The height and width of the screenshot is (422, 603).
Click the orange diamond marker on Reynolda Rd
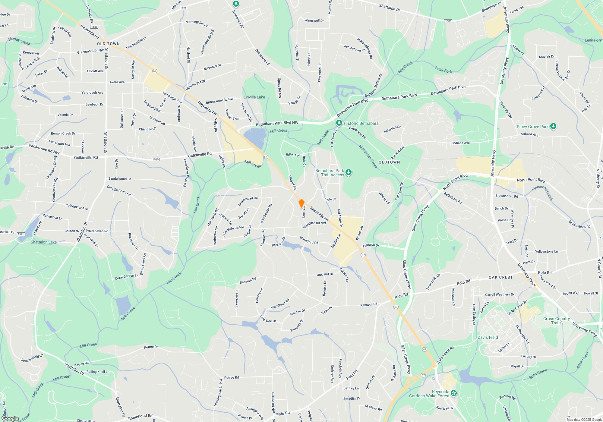[x=301, y=203]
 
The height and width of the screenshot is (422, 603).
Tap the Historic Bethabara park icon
[x=339, y=123]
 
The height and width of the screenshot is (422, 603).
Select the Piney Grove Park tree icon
[x=553, y=126]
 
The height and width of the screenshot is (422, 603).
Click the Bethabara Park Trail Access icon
[x=349, y=172]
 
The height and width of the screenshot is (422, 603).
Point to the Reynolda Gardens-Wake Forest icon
[x=454, y=393]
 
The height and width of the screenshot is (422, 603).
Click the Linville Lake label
[x=254, y=97]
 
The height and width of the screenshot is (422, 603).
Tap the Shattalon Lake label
[x=43, y=242]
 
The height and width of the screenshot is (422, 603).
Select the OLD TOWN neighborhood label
[x=108, y=44]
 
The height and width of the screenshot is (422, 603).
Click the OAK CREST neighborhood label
[x=500, y=277]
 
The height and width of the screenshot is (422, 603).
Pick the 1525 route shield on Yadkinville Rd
[x=156, y=159]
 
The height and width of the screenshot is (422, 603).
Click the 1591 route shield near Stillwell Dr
[x=21, y=234]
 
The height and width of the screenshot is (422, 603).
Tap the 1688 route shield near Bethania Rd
[x=94, y=27]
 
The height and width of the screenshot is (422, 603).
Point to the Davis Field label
[x=488, y=337]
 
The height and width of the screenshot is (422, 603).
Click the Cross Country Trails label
[x=556, y=321]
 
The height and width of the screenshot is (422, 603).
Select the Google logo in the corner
[x=10, y=418]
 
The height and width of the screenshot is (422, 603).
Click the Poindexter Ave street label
[x=77, y=207]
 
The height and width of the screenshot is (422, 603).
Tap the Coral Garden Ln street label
[x=127, y=276]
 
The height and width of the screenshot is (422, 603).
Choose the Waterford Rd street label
[x=309, y=240]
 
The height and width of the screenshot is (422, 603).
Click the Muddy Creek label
[x=19, y=41]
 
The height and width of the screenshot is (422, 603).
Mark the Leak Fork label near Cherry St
[x=444, y=70]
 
